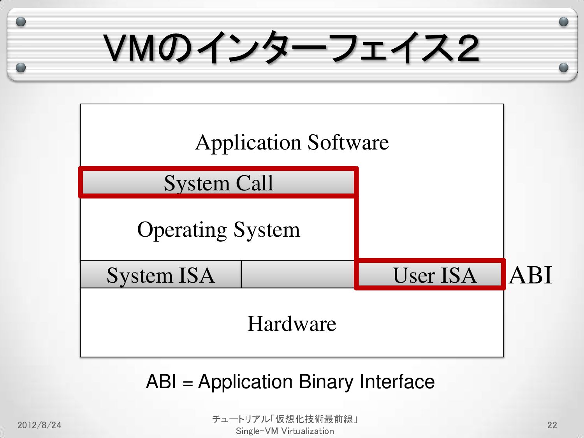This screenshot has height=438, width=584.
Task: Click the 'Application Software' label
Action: point(292,142)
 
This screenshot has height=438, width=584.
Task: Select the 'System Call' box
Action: point(218,183)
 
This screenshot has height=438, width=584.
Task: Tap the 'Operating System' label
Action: point(218,229)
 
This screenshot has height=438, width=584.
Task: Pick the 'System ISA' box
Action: point(160,275)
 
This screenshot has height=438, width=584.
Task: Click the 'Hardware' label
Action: point(292,324)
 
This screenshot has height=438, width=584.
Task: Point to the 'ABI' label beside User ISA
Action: point(530,275)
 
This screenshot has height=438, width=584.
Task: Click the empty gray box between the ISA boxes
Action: point(297,274)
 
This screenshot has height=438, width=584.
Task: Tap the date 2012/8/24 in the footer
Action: point(39,425)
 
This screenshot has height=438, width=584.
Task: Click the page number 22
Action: point(552,425)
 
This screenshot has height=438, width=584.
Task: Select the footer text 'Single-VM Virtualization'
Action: point(285,431)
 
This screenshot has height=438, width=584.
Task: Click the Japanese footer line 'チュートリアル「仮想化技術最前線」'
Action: point(285,419)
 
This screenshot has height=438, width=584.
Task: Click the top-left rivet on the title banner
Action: point(21,21)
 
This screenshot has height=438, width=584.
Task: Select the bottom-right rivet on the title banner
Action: point(563,68)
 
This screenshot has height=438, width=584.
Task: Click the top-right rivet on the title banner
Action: point(563,21)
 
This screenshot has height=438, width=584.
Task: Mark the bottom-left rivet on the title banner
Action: point(21,68)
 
